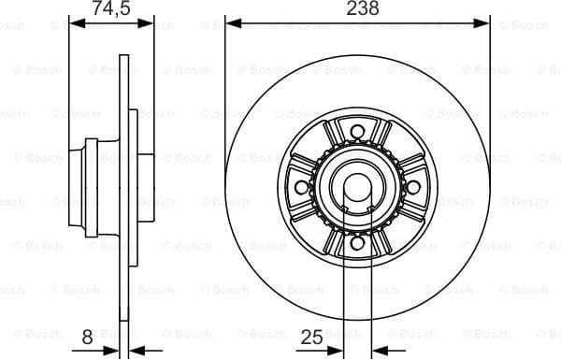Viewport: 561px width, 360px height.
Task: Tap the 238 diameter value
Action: [357, 8]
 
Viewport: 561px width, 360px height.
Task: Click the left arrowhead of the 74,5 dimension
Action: [75, 22]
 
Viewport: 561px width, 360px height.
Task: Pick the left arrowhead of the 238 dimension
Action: [231, 22]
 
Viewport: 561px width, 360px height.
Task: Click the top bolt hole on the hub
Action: [357, 131]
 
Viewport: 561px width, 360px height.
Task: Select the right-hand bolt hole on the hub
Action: [412, 186]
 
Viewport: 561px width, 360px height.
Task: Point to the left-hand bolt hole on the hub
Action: [301, 186]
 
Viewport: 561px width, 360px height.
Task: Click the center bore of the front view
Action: [357, 187]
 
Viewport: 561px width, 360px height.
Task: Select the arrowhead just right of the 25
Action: [341, 353]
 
